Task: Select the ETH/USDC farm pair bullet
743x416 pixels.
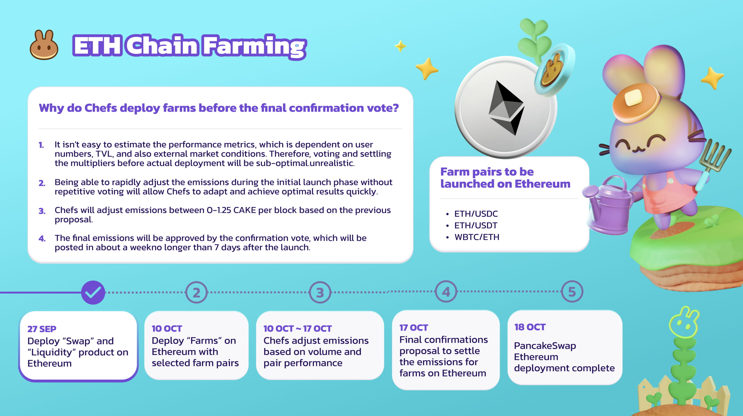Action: tap(476, 214)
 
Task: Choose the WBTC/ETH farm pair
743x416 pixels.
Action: tap(477, 237)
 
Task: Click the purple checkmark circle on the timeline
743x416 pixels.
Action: tap(93, 292)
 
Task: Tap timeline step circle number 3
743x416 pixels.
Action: tap(320, 292)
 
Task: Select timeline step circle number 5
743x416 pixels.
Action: tap(572, 292)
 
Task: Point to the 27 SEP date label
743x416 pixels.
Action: tap(42, 329)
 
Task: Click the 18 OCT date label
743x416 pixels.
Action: tap(530, 327)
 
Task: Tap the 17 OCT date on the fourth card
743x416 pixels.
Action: tap(413, 328)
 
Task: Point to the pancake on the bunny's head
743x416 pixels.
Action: tap(636, 102)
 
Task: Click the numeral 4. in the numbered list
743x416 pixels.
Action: tap(42, 239)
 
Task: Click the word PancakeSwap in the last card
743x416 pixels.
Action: tap(545, 346)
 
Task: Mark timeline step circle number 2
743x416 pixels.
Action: tap(196, 292)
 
